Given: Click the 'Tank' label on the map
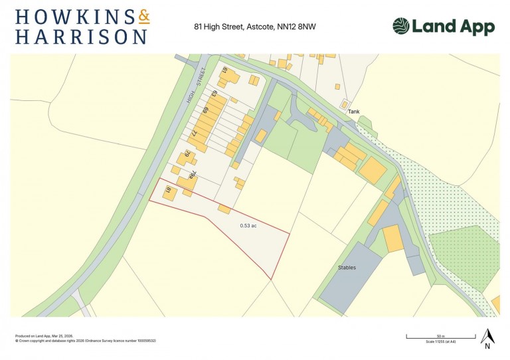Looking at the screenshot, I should click(x=354, y=112).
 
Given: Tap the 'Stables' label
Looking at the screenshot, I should click(x=347, y=268).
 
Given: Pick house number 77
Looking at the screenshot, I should click(x=195, y=133).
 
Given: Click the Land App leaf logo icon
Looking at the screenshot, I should click(x=400, y=27).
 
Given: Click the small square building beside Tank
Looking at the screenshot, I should click(x=345, y=104).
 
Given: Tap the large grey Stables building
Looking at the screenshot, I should click(x=351, y=276).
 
